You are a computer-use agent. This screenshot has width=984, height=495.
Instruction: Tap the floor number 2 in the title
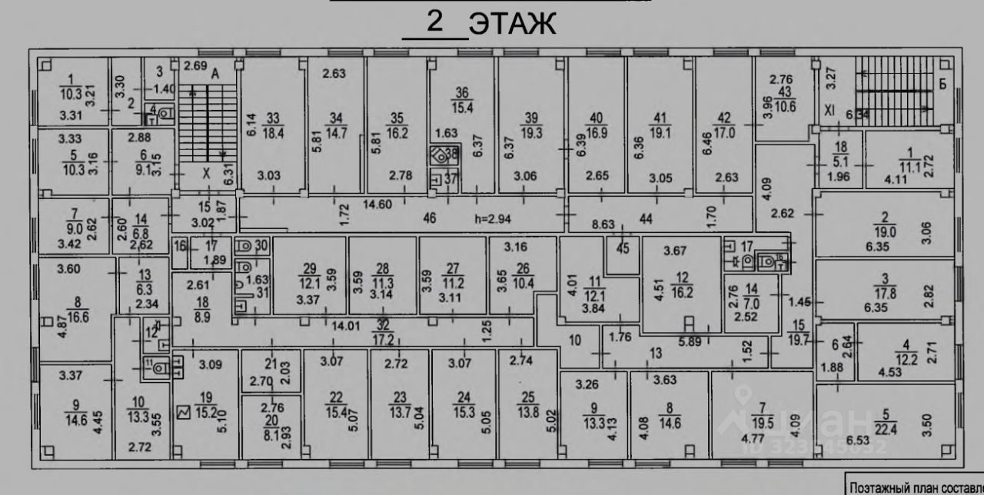435,22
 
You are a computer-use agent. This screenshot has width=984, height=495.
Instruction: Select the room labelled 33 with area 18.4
274,125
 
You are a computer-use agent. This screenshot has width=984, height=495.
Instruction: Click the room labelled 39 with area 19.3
531,125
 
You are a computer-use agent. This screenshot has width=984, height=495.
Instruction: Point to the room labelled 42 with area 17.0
723,125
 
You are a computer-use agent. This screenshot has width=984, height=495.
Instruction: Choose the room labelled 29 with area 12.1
309,275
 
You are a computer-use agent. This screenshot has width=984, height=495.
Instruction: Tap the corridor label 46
429,218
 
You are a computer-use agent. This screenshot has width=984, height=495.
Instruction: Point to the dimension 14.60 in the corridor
377,205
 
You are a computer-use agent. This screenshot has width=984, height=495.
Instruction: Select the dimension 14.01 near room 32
347,326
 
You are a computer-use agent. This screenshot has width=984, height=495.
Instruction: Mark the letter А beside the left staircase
215,75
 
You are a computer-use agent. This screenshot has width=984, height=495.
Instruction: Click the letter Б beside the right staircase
942,84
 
